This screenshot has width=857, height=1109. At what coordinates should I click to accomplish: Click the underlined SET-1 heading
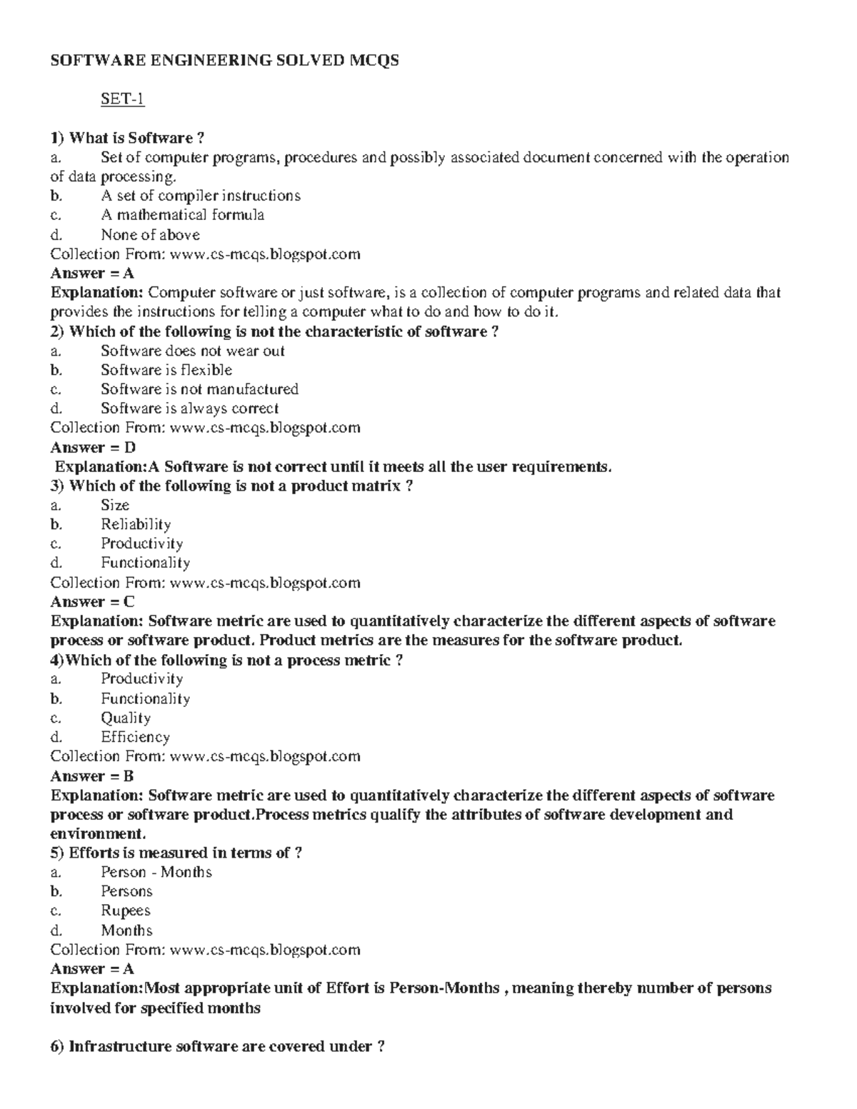122,99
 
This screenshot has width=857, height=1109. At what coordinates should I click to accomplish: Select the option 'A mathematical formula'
182,215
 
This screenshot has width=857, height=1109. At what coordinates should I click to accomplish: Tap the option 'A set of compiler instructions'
200,196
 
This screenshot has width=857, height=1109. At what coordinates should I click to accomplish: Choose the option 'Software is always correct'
189,408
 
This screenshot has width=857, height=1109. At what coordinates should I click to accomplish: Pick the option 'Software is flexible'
166,370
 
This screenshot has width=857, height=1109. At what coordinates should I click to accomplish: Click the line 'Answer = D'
93,448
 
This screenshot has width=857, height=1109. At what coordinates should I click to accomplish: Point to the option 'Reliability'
136,525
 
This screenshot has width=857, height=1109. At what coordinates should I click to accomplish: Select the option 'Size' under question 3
115,506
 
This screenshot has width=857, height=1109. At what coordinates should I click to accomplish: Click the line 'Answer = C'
93,602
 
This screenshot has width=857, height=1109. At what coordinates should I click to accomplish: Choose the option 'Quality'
126,718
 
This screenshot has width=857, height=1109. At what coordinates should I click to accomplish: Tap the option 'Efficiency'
135,738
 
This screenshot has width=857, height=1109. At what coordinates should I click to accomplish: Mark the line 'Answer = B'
93,776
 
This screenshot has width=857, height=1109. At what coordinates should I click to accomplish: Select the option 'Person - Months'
156,872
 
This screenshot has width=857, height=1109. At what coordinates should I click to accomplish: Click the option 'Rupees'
126,910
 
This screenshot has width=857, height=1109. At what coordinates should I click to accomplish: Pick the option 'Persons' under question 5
126,891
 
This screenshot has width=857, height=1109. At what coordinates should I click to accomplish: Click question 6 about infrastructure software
218,1047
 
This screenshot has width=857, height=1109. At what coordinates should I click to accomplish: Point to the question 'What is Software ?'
132,138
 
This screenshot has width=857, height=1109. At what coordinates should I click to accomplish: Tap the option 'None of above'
150,235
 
